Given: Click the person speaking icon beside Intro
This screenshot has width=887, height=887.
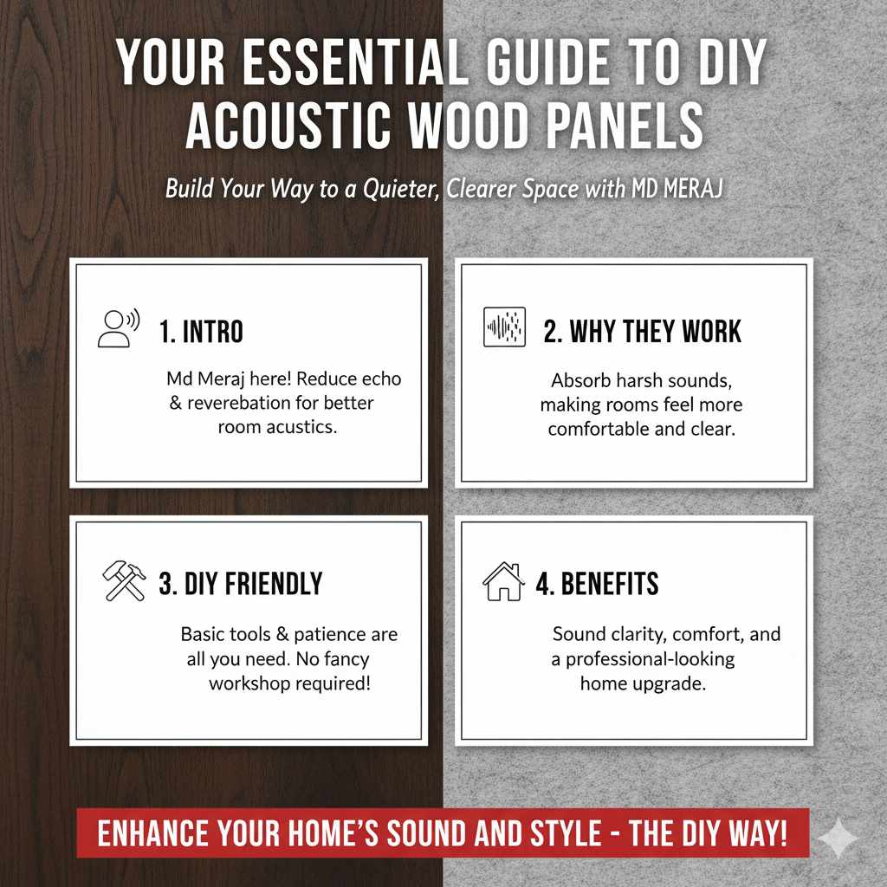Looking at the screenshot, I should click(118, 328).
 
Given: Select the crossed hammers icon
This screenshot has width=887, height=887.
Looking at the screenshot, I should click(124, 581).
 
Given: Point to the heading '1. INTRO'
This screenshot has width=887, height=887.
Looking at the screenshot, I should click(201, 331).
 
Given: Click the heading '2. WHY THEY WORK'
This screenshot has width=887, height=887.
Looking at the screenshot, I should click(642, 331).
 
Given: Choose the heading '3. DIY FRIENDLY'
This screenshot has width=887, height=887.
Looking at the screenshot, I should click(240, 584).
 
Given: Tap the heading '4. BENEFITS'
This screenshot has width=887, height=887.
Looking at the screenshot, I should click(597, 584).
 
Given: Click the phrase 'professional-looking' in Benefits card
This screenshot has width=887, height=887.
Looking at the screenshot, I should click(650, 658).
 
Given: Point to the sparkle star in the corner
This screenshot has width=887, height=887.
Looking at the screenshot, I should click(838, 838).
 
